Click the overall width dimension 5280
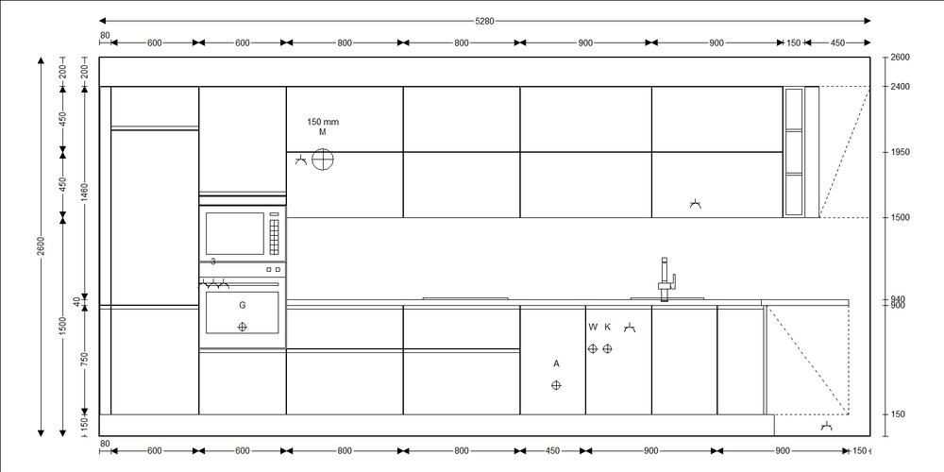coord(484,21)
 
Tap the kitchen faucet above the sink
coord(666,279)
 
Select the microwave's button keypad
coord(275,237)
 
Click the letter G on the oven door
coord(243,305)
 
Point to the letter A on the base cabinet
coord(556,363)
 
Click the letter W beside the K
coord(593,327)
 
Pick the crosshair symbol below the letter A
coord(556,385)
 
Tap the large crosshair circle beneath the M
coord(323,160)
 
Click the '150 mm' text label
coord(323,122)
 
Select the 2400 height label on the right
coord(900,87)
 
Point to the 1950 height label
coord(900,152)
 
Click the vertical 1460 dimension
coord(85,194)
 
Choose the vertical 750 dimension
coord(85,359)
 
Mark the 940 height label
coord(898,299)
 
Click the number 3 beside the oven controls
coord(213,261)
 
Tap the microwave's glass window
coord(235,233)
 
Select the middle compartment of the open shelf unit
coord(794,152)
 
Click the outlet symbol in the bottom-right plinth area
coord(827,427)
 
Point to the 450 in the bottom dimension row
coord(552,451)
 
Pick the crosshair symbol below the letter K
coord(607,348)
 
